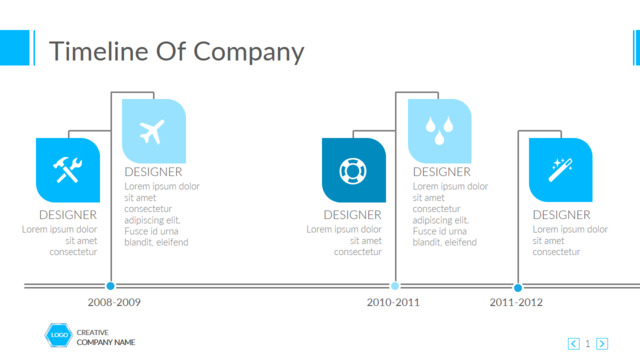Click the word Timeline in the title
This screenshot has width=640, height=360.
[98, 51]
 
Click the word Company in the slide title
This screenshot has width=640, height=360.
[249, 53]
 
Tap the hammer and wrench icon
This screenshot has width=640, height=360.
[68, 170]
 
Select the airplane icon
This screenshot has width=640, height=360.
[152, 131]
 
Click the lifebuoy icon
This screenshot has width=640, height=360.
[353, 171]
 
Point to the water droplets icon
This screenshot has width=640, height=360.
[439, 131]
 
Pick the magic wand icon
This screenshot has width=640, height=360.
[560, 170]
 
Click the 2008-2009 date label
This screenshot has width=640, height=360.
[114, 302]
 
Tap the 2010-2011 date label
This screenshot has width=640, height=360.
[393, 302]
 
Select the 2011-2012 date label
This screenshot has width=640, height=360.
[516, 302]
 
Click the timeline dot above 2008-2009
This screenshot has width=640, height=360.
[110, 286]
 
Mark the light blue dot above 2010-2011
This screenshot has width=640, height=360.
[395, 286]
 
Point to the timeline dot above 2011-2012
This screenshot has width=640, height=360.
[518, 288]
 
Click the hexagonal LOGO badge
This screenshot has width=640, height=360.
[58, 335]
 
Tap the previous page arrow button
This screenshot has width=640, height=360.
[573, 344]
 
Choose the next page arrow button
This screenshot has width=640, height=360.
[602, 344]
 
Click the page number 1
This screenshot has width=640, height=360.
[588, 344]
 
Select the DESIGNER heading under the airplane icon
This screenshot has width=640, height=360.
[153, 172]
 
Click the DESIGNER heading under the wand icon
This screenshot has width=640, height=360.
[562, 215]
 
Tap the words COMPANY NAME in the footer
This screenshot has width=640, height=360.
[106, 342]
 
